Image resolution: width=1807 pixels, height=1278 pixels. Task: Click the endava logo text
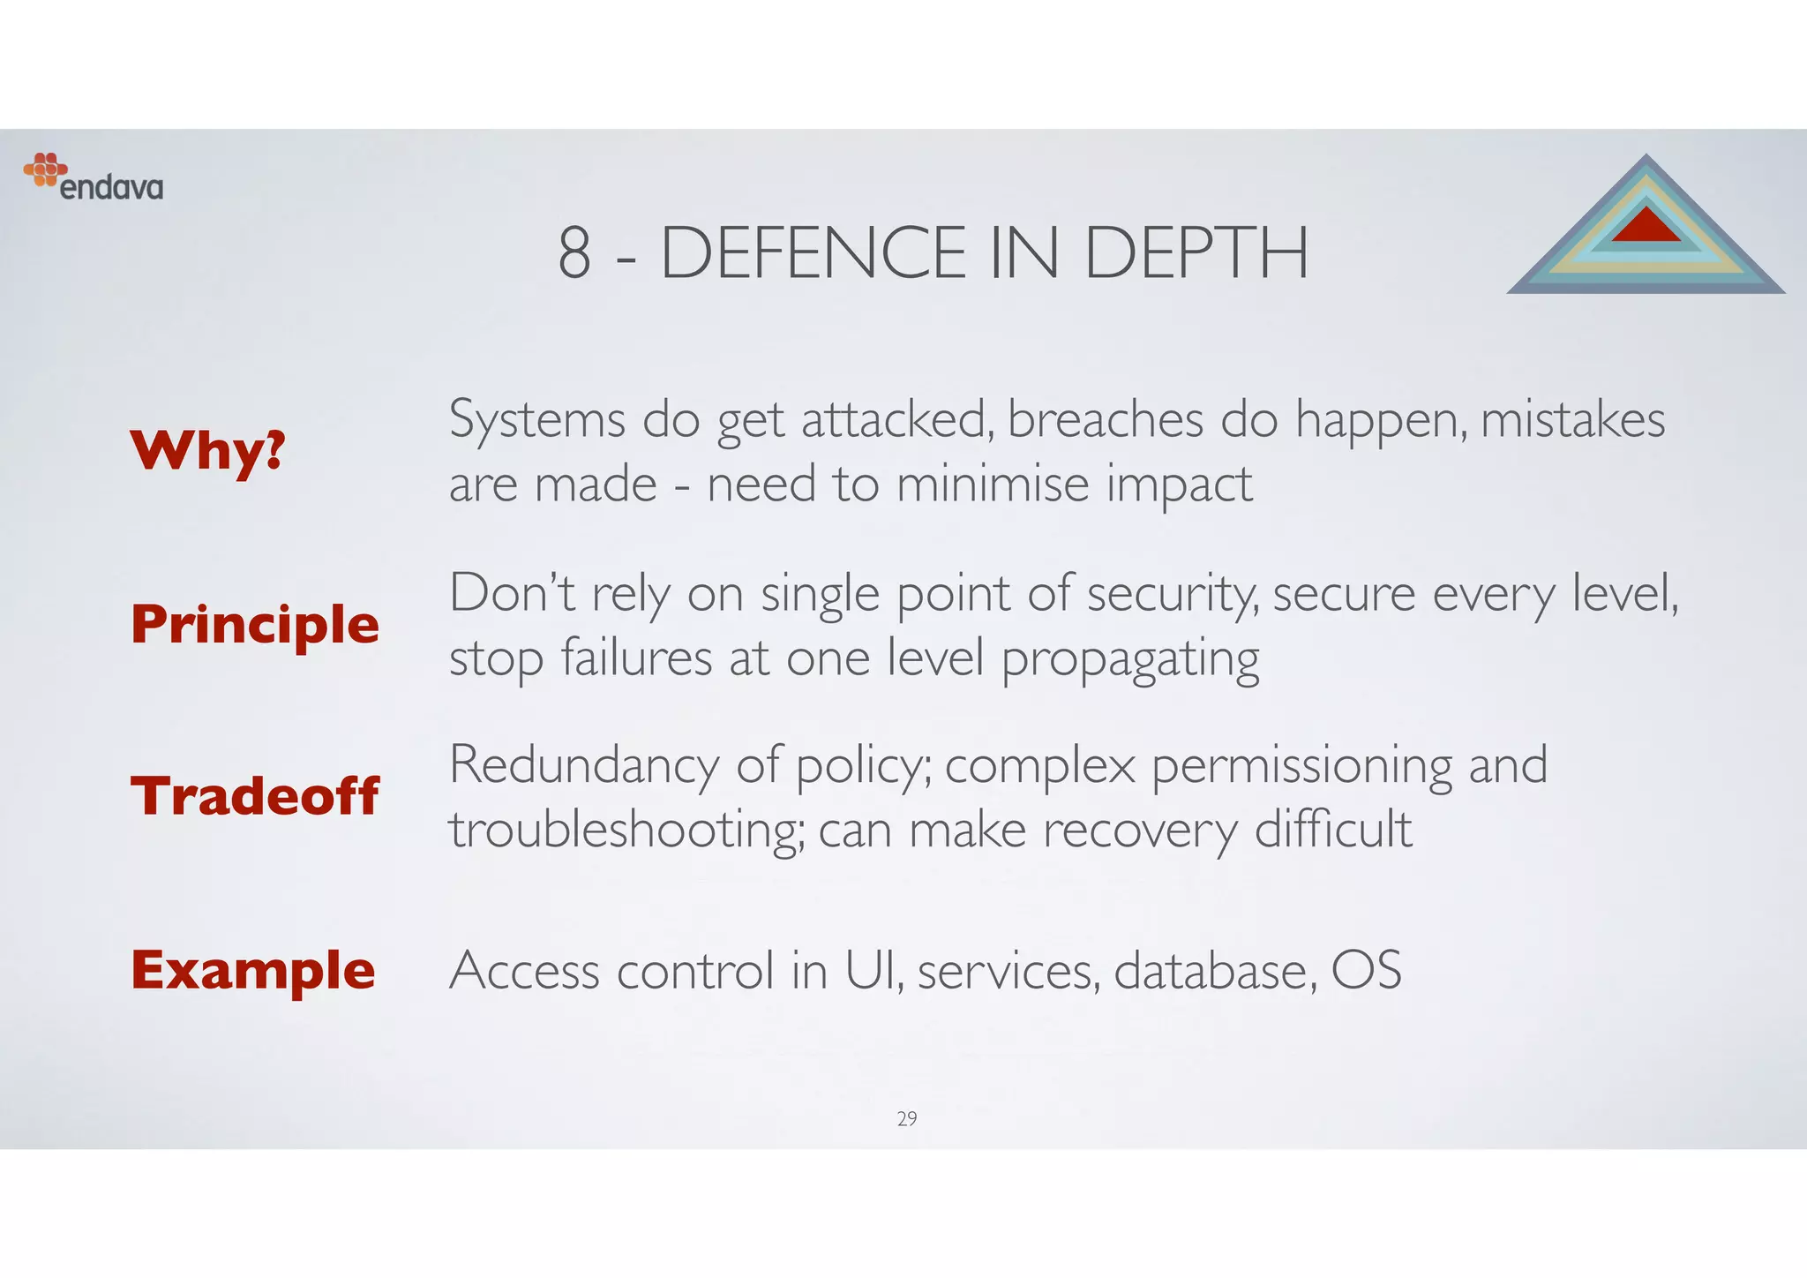112,188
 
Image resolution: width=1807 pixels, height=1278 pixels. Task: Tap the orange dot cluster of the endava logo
45,169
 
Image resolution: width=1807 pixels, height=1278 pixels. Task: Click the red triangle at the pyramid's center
1646,226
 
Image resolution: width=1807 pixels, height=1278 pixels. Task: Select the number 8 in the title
574,253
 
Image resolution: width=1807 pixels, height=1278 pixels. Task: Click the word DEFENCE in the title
814,253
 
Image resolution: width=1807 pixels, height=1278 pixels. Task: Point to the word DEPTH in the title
1196,253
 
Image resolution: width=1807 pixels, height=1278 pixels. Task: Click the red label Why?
208,451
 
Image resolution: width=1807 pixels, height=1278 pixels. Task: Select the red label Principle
255,625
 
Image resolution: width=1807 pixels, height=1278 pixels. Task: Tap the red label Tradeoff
255,796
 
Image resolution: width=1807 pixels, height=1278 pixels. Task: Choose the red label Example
253,970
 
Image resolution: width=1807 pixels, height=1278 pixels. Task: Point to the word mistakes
1572,419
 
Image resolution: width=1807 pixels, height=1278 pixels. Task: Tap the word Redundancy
584,765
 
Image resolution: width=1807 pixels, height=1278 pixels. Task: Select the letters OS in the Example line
1366,970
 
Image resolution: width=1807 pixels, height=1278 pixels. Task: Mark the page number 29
907,1119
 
